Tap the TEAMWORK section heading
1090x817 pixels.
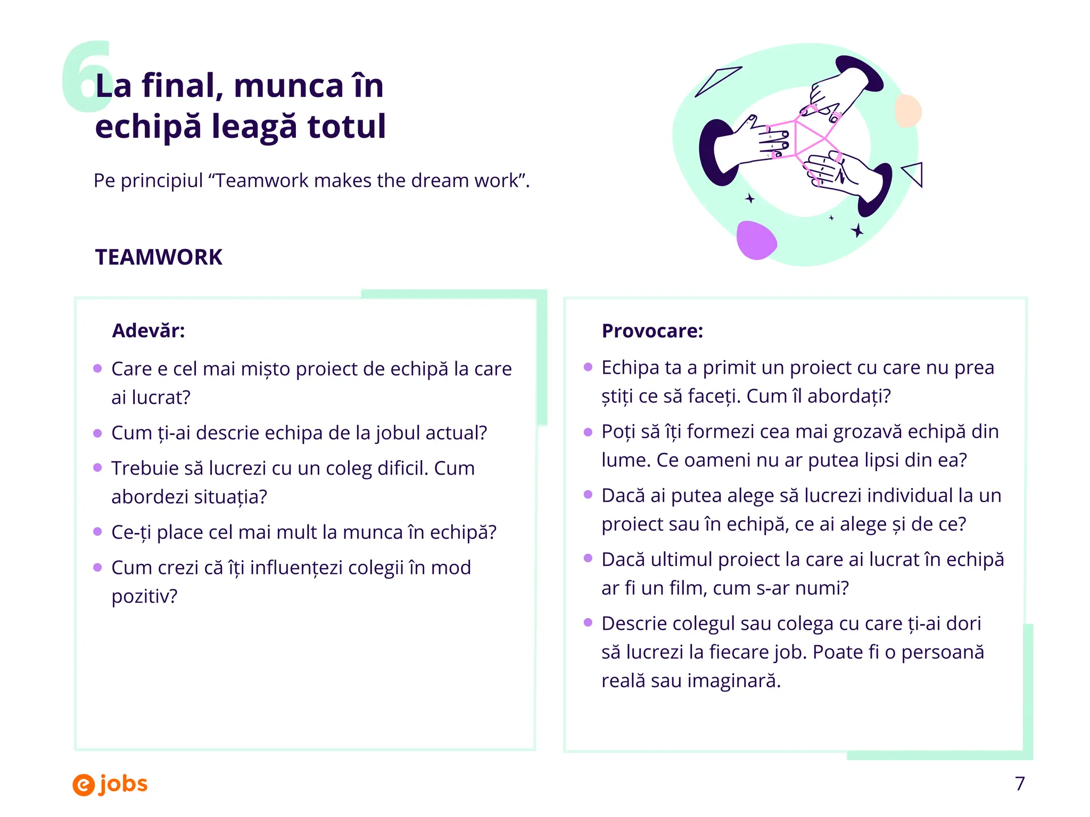pyautogui.click(x=159, y=257)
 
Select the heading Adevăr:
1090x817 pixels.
pyautogui.click(x=148, y=331)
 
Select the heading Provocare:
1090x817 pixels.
pyautogui.click(x=652, y=331)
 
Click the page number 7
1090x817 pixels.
pyautogui.click(x=1019, y=783)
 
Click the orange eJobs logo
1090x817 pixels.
pyautogui.click(x=110, y=784)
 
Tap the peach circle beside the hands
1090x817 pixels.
pyautogui.click(x=908, y=111)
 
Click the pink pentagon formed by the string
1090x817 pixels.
pyautogui.click(x=809, y=137)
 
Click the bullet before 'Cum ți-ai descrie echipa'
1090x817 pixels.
pyautogui.click(x=97, y=433)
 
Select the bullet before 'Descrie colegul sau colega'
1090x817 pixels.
pyautogui.click(x=588, y=622)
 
